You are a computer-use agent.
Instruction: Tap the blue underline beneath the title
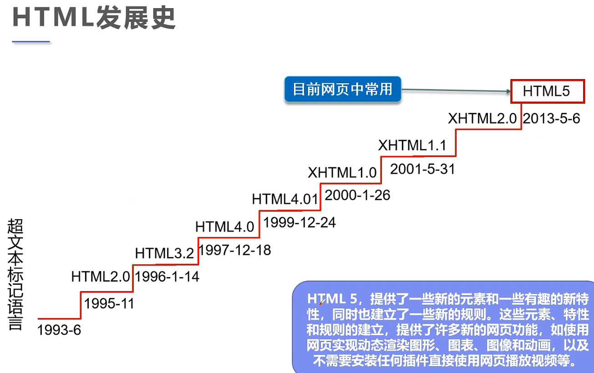coord(31,42)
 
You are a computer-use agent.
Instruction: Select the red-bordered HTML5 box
coord(547,91)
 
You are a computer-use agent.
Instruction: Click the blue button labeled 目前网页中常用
coord(342,90)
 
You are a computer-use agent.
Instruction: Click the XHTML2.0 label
coord(482,119)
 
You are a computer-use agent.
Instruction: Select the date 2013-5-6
coord(551,119)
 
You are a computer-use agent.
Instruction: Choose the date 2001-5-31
coord(423,169)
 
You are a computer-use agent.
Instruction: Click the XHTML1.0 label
coord(342,172)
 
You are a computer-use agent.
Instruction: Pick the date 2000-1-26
coord(358,195)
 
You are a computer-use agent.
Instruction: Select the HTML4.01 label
coord(284,199)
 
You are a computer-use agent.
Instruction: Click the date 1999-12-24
coord(300,222)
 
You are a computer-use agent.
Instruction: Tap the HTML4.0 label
coord(225,227)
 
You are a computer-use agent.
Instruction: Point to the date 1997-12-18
coord(235,250)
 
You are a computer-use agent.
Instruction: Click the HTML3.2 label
coord(164,253)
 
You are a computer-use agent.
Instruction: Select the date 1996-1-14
coord(168,276)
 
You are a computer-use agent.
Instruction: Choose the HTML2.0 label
coord(101,276)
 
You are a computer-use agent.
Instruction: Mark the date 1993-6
coord(59,330)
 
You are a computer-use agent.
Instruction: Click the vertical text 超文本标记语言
coord(15,274)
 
